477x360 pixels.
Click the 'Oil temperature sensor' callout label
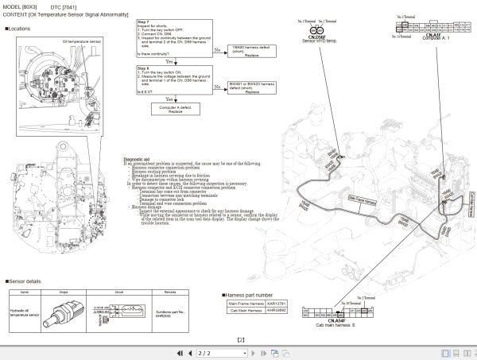[x=83, y=40]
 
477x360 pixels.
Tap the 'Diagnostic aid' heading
[x=138, y=158]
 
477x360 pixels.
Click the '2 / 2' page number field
[x=204, y=353]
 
